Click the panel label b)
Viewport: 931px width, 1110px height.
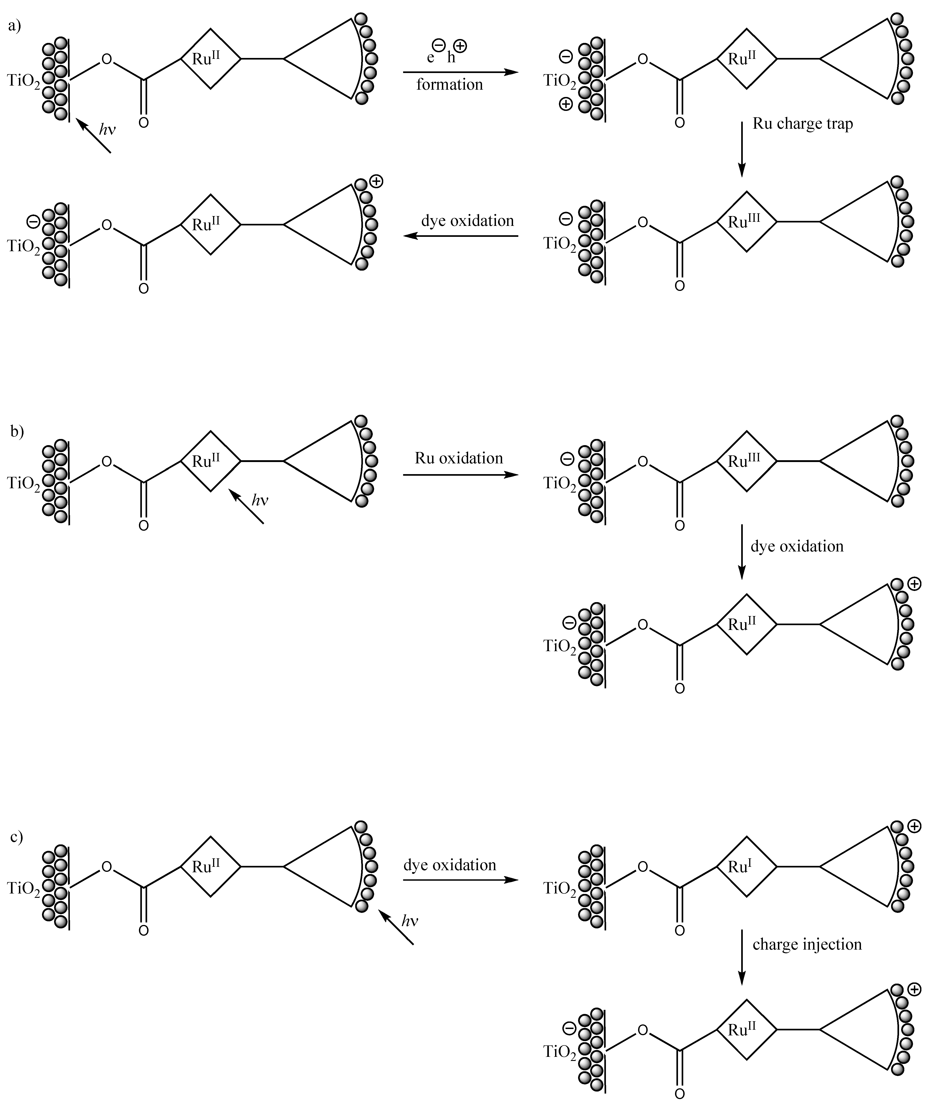17,431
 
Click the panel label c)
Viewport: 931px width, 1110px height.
17,837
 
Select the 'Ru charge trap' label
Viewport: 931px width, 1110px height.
803,124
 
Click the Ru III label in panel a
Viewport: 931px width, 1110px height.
743,222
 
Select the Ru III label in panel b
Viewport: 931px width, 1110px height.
743,460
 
